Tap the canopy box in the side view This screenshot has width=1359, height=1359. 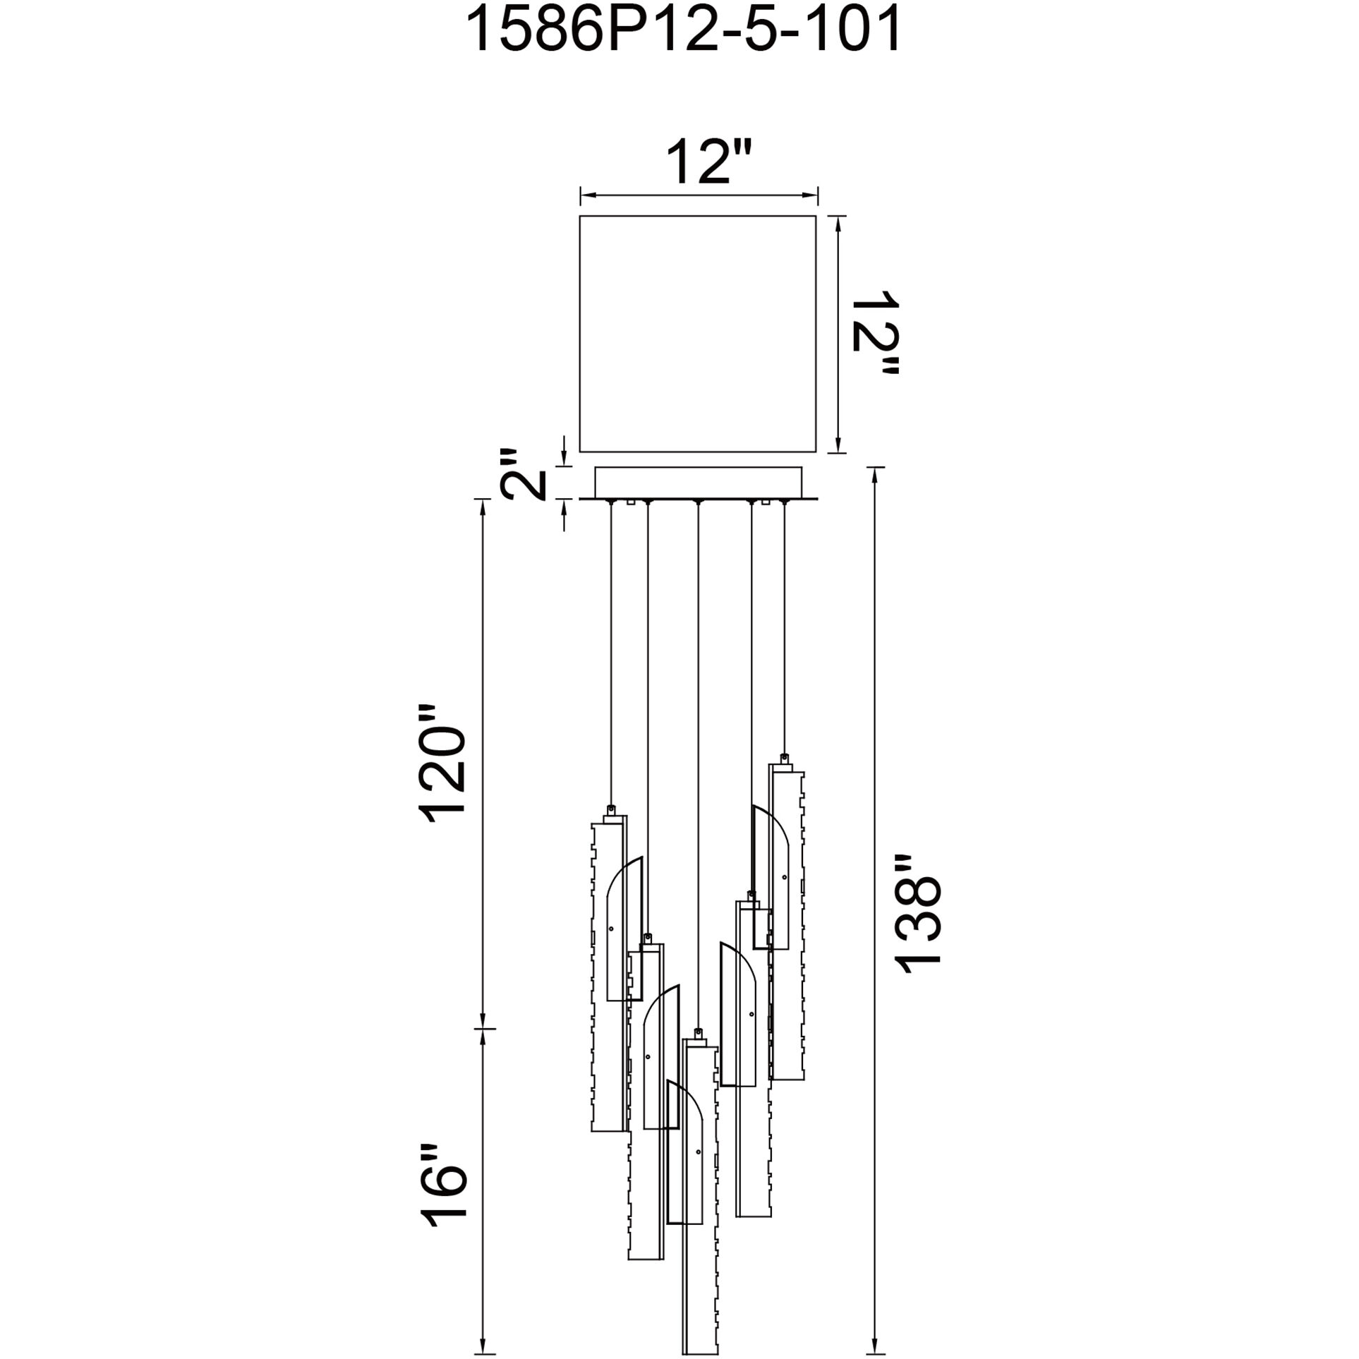coord(699,483)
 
